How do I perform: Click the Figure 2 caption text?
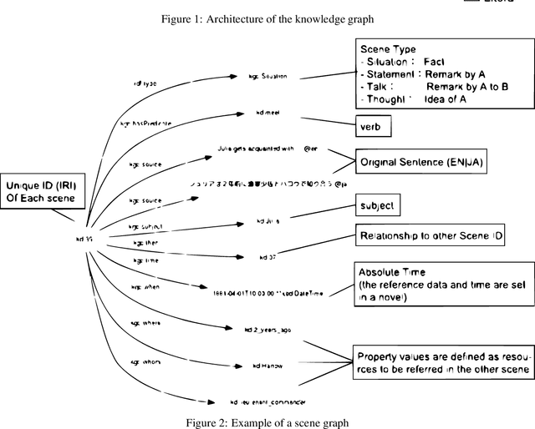click(267, 422)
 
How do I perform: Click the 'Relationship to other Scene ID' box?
click(430, 237)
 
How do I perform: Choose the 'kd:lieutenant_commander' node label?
click(270, 401)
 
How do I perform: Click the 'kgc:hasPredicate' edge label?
click(146, 123)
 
